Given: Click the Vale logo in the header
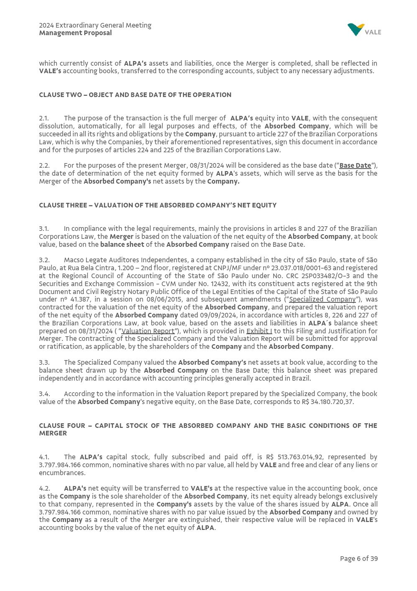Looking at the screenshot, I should point(364,30).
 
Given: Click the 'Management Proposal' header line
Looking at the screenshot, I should point(75,33).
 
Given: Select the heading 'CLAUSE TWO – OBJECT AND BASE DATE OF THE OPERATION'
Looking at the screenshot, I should point(135,95).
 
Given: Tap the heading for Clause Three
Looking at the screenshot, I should point(158,205).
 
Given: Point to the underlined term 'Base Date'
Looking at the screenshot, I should point(355,166).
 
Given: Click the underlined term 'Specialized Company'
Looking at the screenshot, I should point(322,299).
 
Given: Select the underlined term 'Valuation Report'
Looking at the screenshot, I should point(148,331).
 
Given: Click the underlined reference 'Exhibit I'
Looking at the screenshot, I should point(259,331).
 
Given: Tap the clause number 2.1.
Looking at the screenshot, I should point(44,118).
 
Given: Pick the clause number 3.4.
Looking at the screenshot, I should point(44,394).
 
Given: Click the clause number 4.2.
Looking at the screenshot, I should point(44,489).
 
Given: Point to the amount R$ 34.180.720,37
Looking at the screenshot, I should point(327,402).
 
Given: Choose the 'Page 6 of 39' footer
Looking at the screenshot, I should point(358,559).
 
